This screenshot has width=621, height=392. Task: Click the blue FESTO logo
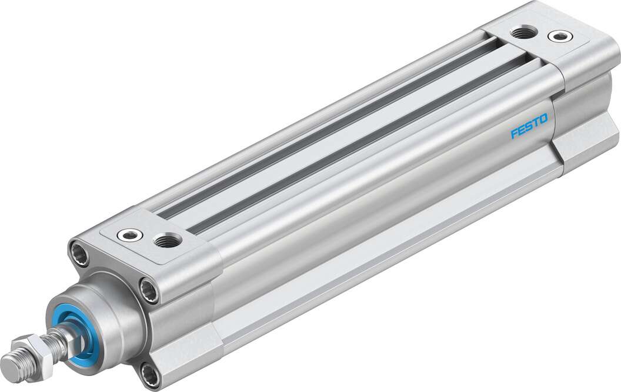[529, 126]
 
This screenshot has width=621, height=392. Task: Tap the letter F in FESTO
[513, 133]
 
